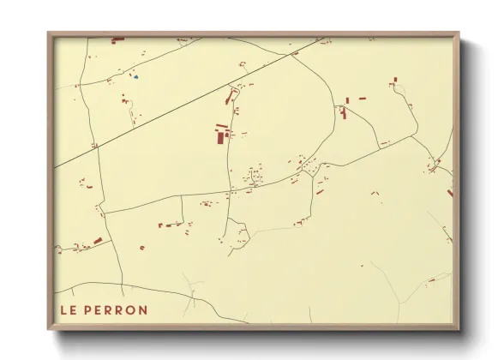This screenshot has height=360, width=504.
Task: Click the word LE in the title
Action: (x=68, y=310)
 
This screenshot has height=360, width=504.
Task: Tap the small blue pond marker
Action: (x=135, y=77)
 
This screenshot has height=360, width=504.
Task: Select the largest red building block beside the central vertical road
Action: (x=220, y=135)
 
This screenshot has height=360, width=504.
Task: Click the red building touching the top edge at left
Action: (x=117, y=39)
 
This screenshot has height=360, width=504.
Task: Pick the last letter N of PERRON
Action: (x=141, y=310)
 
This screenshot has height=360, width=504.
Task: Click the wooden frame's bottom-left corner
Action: (x=49, y=328)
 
